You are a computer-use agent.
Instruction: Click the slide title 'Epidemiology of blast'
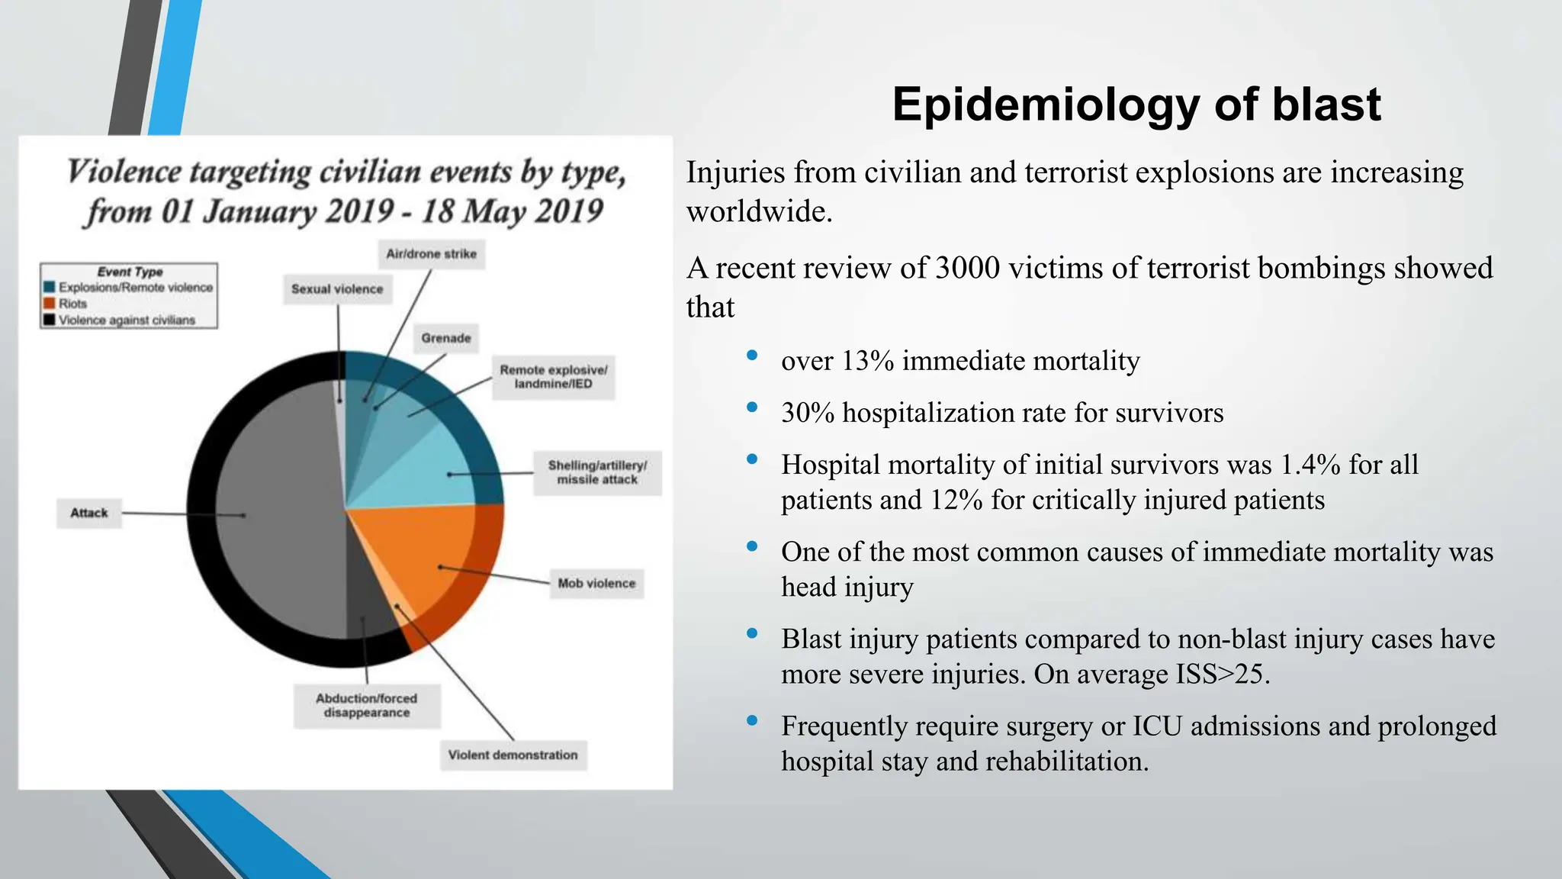pyautogui.click(x=1136, y=105)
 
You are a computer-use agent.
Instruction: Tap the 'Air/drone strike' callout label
pyautogui.click(x=431, y=254)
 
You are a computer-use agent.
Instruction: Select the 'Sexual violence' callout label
pyautogui.click(x=337, y=289)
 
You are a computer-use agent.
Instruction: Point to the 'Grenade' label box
pyautogui.click(x=446, y=338)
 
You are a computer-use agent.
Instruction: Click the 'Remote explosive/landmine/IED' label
pyautogui.click(x=553, y=377)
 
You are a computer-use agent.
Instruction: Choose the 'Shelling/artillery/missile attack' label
pyautogui.click(x=597, y=472)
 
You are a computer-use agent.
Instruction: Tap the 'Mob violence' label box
pyautogui.click(x=596, y=584)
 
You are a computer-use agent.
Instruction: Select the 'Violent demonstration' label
pyautogui.click(x=513, y=755)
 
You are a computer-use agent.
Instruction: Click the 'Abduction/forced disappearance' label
pyautogui.click(x=366, y=705)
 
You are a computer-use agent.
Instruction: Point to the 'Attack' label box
pyautogui.click(x=89, y=513)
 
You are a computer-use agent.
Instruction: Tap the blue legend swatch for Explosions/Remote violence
pyautogui.click(x=50, y=287)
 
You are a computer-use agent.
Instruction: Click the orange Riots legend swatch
pyautogui.click(x=50, y=303)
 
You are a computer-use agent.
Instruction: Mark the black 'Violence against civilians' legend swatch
pyautogui.click(x=50, y=320)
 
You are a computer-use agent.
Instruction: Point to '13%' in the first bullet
pyautogui.click(x=867, y=361)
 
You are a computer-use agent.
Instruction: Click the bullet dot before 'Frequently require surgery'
pyautogui.click(x=752, y=720)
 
